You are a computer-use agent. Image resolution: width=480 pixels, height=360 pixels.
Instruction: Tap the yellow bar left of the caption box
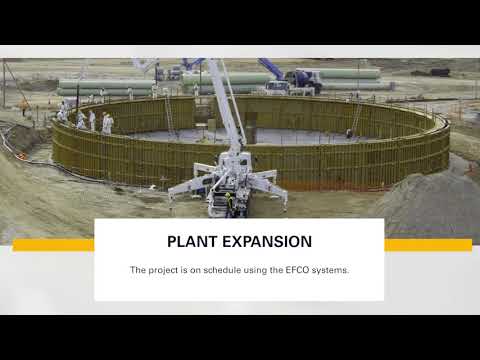(x=53, y=245)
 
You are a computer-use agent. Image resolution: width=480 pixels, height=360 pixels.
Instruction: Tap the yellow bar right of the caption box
(x=427, y=245)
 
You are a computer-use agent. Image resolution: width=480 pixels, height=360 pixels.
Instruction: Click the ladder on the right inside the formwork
(x=356, y=118)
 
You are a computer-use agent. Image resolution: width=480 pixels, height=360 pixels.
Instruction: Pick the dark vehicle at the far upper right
(x=439, y=72)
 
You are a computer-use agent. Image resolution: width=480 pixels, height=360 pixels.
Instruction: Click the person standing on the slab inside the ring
(x=349, y=133)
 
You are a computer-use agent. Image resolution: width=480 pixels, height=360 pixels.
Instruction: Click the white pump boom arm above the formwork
(x=226, y=110)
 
